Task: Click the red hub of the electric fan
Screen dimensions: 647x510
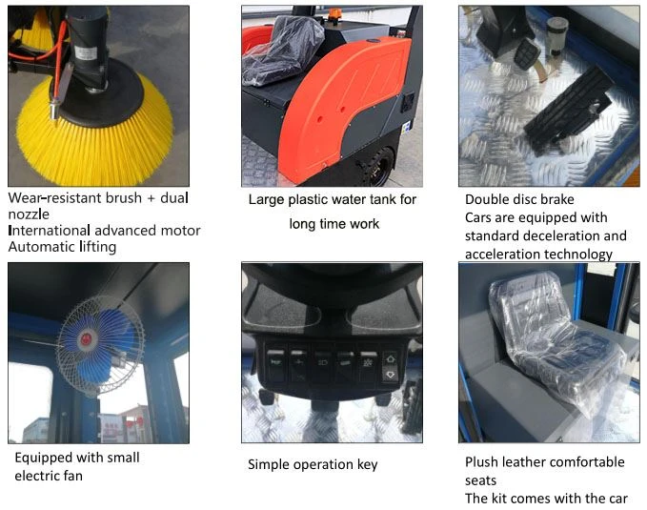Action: click(87, 339)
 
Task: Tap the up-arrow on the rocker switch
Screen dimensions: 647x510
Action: click(390, 359)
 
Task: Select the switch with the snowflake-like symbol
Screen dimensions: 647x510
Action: click(368, 363)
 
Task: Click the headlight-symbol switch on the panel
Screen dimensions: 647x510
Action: click(322, 363)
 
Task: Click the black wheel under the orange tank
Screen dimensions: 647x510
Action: click(377, 166)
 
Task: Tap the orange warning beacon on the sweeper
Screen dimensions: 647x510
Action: click(334, 14)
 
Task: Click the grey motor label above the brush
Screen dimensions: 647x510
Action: click(85, 52)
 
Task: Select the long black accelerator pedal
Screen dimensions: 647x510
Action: click(565, 109)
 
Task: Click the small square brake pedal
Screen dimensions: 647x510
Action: click(526, 52)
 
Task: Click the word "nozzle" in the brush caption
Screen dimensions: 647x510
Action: click(29, 214)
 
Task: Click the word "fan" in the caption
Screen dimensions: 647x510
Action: click(73, 476)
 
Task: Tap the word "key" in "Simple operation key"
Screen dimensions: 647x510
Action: click(367, 465)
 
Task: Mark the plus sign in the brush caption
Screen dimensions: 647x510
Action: click(151, 198)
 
